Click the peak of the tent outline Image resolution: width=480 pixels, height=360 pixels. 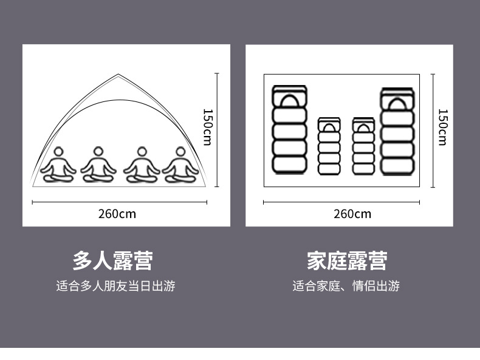(119, 75)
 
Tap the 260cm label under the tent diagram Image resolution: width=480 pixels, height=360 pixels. (117, 214)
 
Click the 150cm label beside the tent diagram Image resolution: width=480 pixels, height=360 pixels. (207, 127)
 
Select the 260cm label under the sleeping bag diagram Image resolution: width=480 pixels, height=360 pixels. (352, 214)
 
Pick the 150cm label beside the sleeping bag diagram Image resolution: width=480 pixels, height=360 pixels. (442, 127)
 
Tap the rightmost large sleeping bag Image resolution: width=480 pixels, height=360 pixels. (397, 132)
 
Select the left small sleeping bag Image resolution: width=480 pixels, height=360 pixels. (329, 146)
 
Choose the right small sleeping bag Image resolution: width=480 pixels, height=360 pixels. (363, 146)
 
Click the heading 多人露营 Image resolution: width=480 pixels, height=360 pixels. (112, 261)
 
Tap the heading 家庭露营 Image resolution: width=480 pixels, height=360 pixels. (347, 261)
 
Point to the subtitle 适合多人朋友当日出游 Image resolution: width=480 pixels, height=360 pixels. (115, 286)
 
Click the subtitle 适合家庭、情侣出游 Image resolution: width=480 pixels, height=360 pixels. (346, 286)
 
